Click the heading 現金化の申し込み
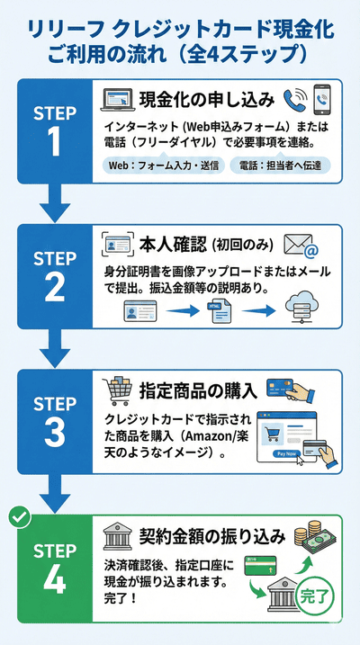click(208, 100)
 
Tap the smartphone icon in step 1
click(322, 99)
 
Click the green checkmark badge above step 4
click(16, 518)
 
